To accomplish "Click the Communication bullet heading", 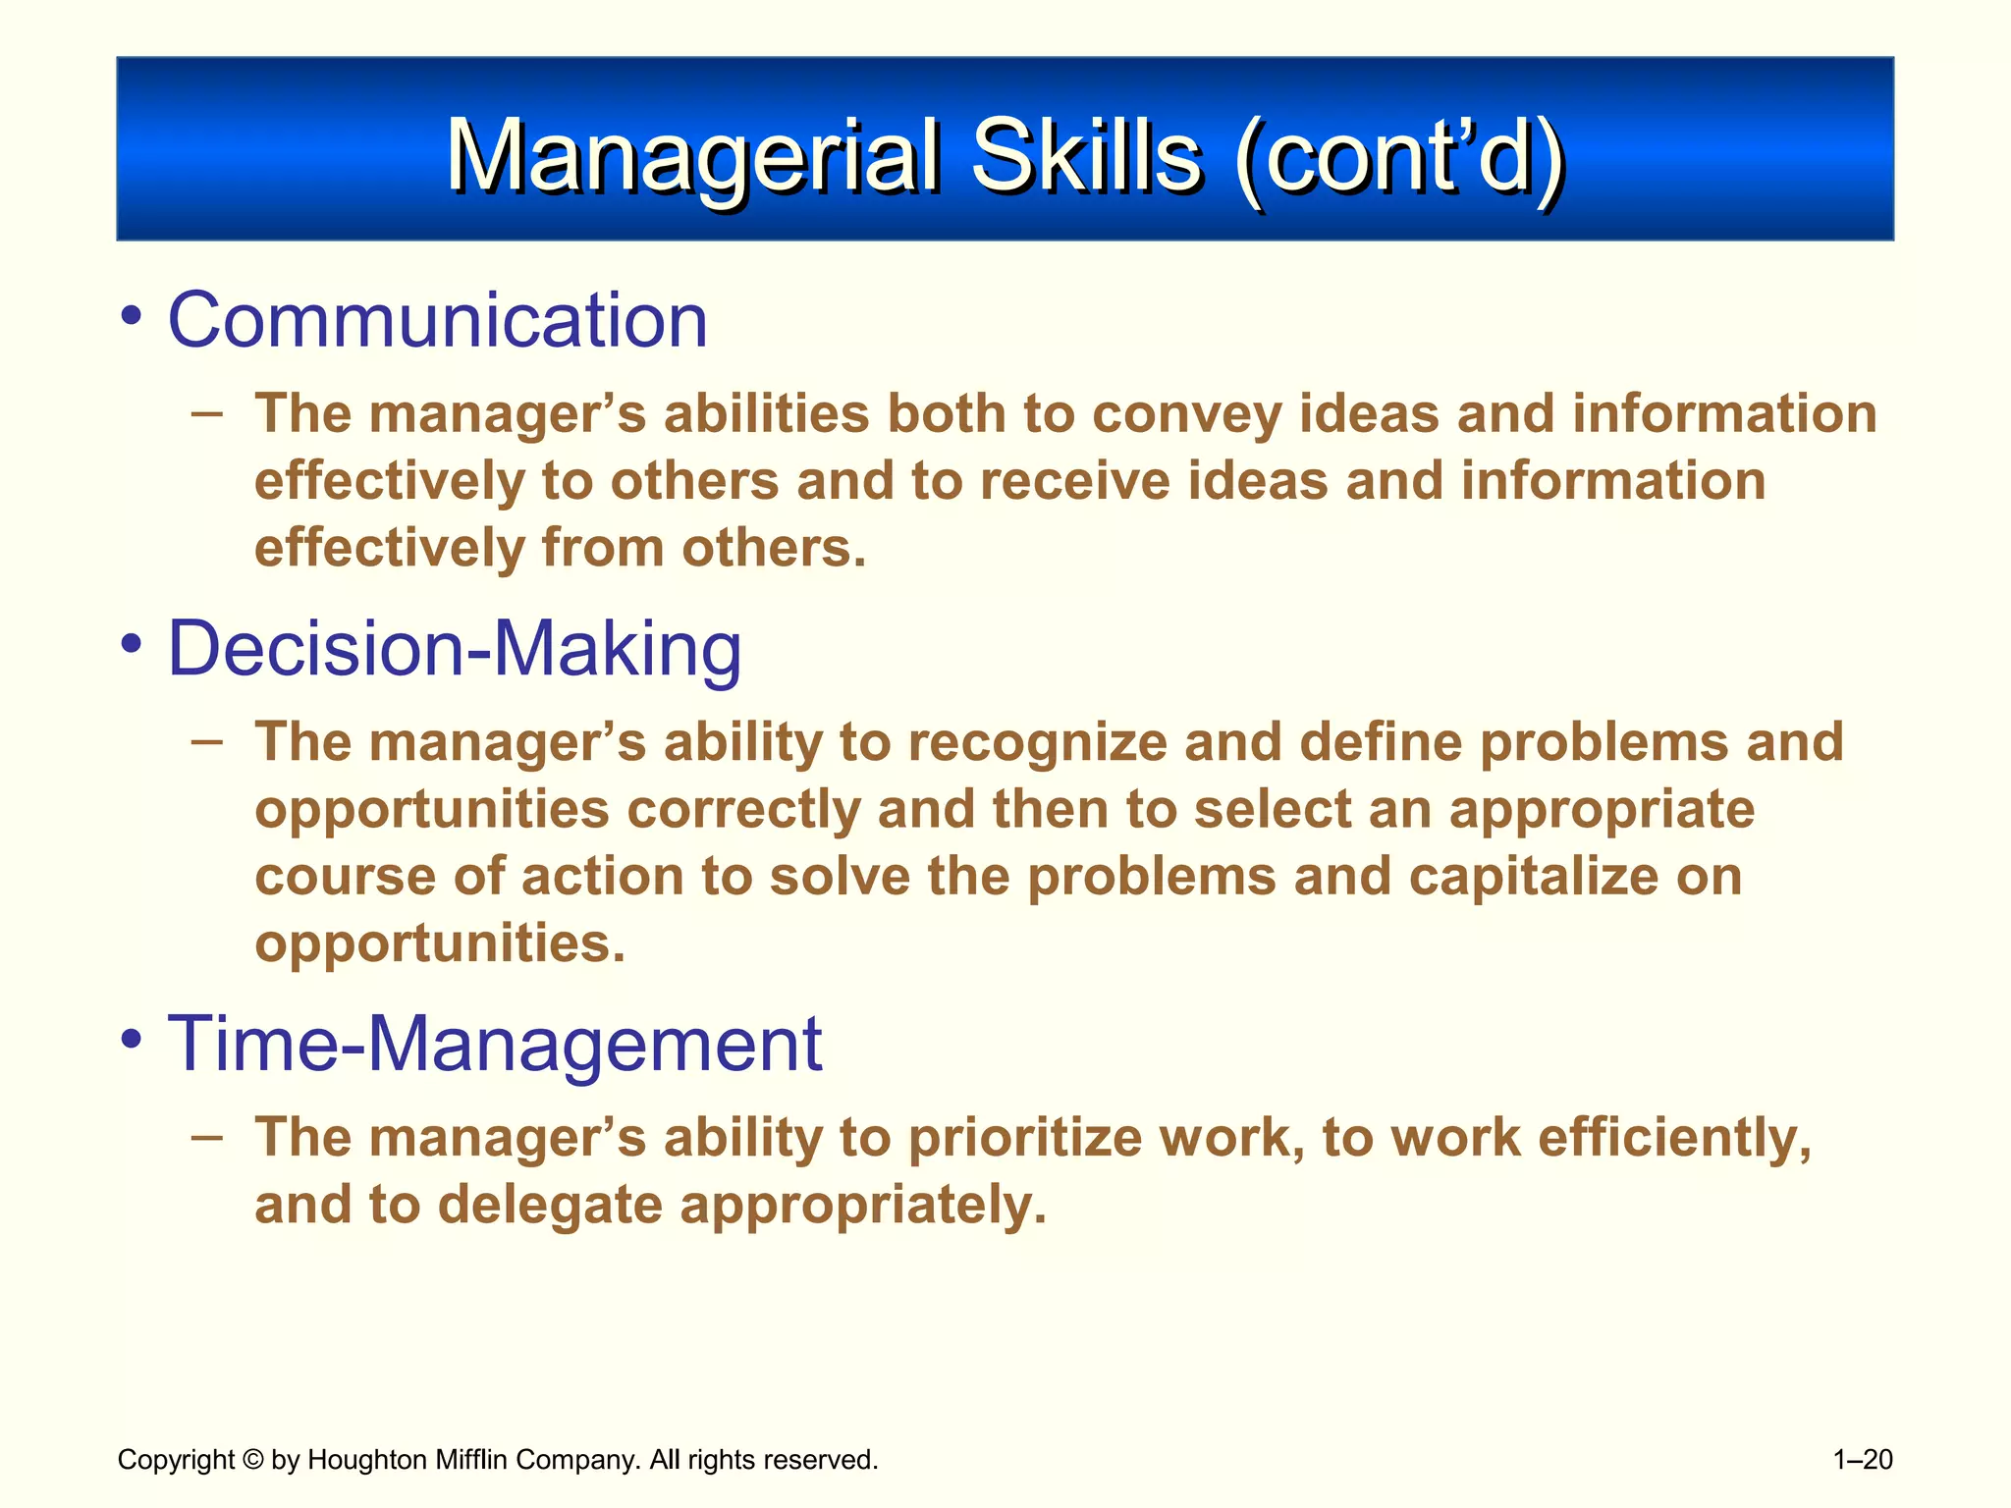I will click(x=438, y=320).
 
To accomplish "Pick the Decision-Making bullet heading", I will click(x=455, y=649).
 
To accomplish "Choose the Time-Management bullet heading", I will click(x=495, y=1044).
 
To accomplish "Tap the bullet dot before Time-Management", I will click(x=133, y=1042).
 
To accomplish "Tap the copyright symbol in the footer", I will click(x=252, y=1460).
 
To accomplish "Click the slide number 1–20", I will click(x=1863, y=1460).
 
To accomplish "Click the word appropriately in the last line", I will click(x=863, y=1206).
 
